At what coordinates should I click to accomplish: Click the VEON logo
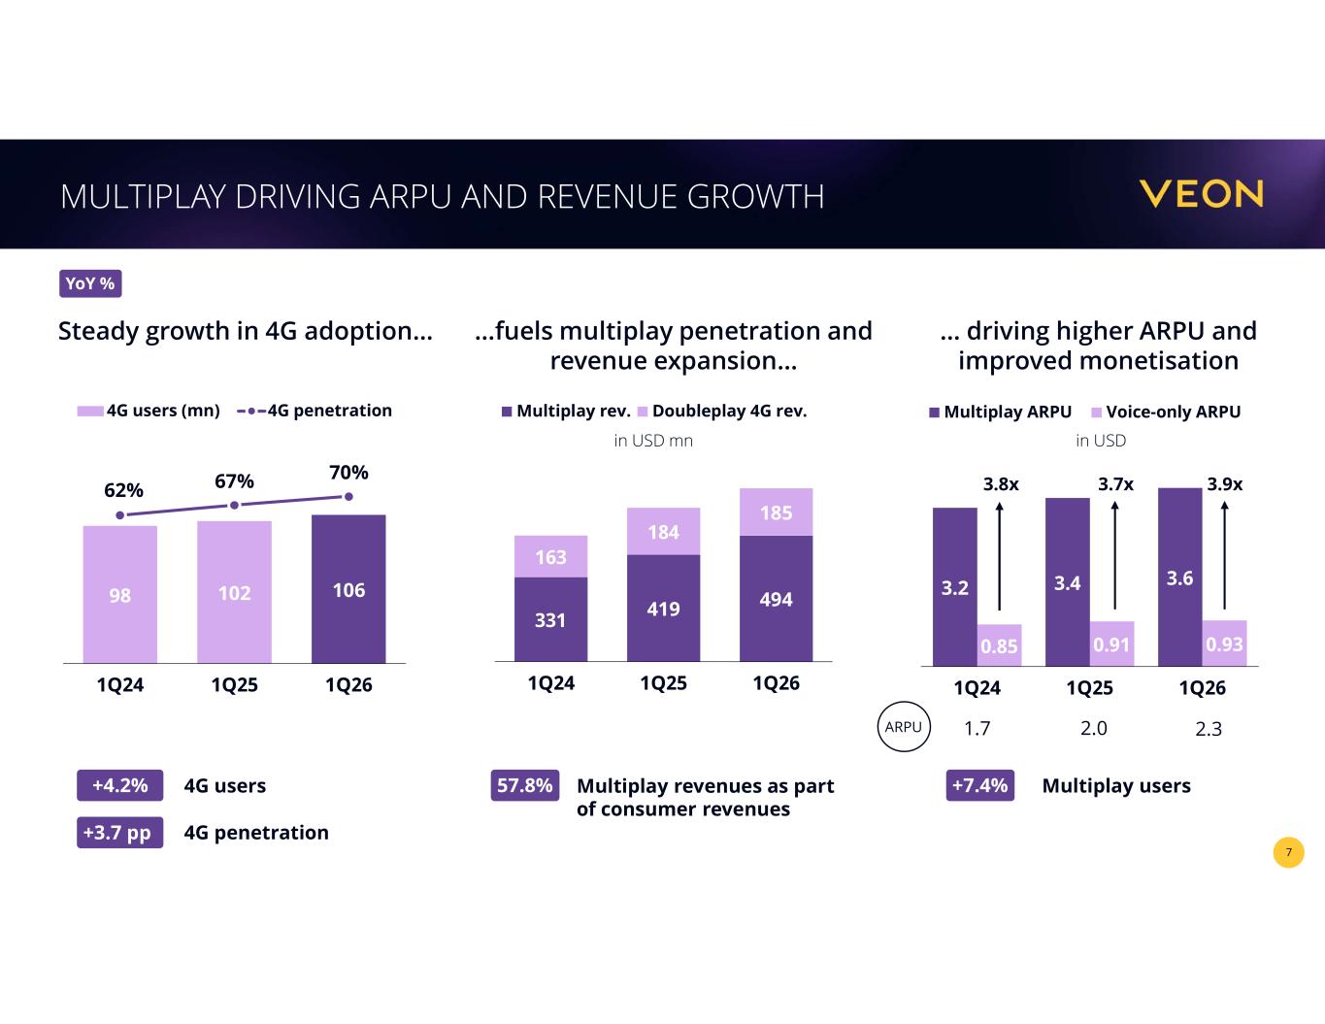pos(1201,194)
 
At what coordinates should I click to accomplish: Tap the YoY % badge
pos(90,283)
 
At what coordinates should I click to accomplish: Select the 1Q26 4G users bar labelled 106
pos(348,589)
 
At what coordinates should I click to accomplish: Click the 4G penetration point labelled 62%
pos(120,515)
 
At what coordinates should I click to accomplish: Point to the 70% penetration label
pos(348,473)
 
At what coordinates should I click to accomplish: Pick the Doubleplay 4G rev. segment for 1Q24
pos(550,556)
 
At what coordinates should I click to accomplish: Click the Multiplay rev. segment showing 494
pos(777,599)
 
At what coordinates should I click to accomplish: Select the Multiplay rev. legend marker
pos(507,412)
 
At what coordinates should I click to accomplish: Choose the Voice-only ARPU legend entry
pos(1166,413)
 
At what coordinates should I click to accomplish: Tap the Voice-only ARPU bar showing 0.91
pos(1111,644)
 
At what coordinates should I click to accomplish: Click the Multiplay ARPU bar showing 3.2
pos(955,587)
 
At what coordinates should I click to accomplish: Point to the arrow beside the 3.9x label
pos(1224,555)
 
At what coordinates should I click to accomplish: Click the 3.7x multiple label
pos(1116,484)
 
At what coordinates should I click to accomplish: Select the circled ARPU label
pos(904,727)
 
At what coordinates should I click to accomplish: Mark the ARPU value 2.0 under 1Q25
pos(1094,728)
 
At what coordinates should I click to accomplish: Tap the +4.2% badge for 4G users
pos(120,785)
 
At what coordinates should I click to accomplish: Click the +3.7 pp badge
pos(120,832)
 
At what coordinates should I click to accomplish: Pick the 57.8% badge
pos(525,785)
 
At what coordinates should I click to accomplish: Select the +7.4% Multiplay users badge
pos(979,785)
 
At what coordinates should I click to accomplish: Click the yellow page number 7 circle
pos(1288,852)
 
